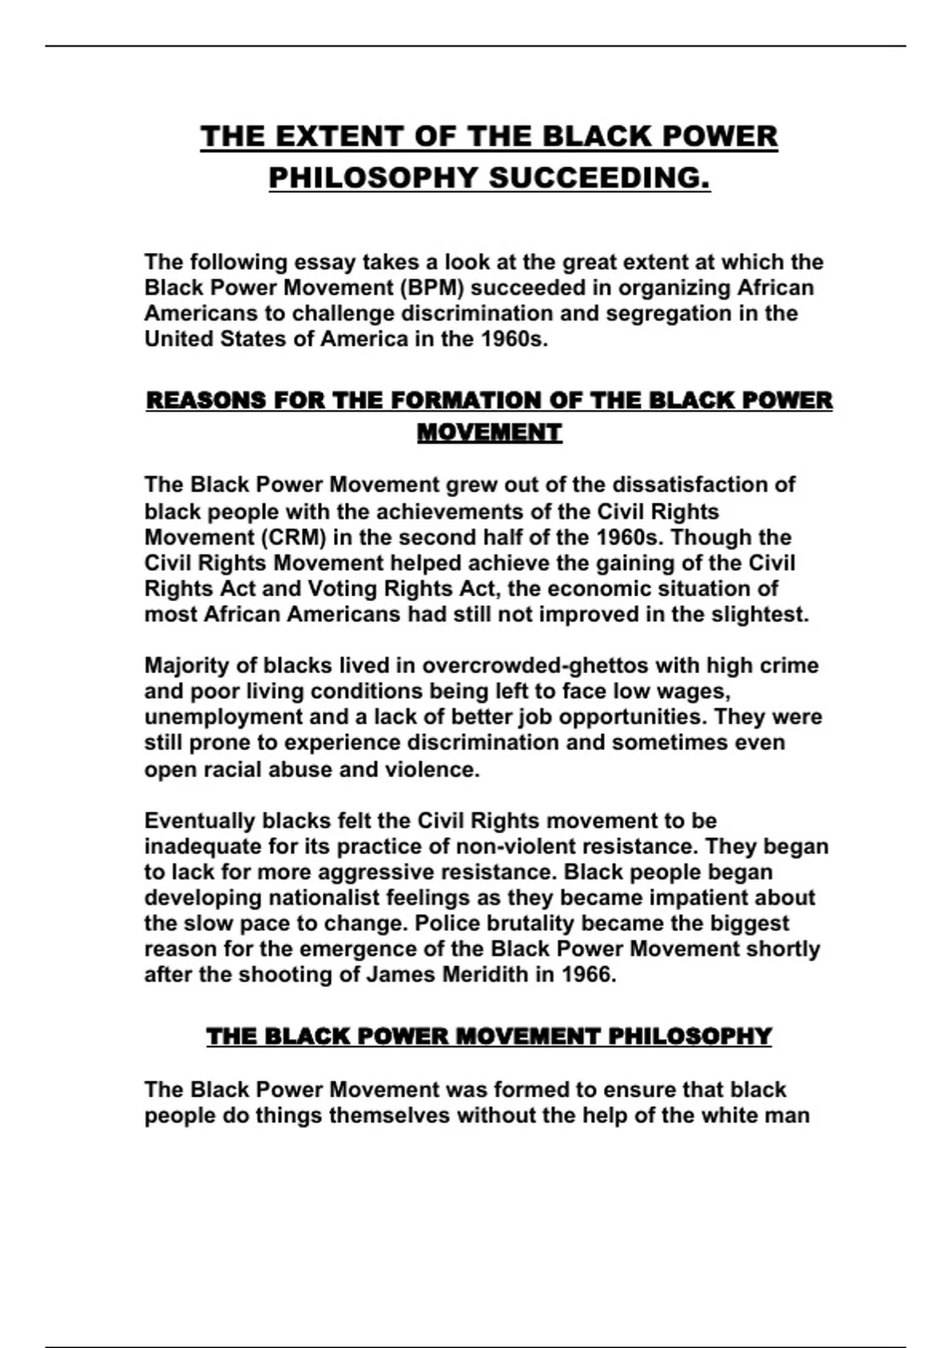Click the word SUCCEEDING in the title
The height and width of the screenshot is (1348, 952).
[x=599, y=178]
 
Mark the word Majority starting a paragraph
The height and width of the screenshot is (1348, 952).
[x=187, y=665]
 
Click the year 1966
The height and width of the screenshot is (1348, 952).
[x=588, y=975]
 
